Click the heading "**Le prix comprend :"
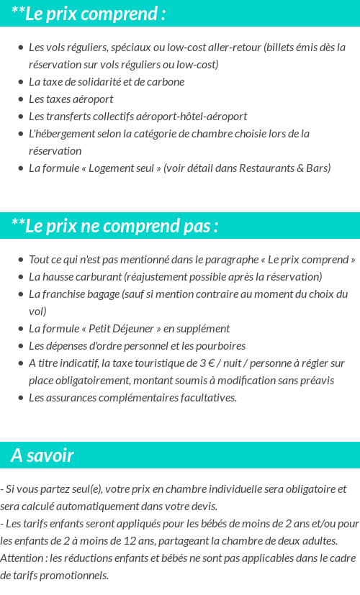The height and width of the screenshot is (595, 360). tap(89, 14)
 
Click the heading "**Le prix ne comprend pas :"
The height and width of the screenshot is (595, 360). tap(114, 226)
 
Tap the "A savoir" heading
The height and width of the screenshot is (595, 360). tap(42, 455)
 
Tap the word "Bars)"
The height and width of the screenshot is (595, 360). tap(318, 168)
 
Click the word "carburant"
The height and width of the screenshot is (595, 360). tap(99, 277)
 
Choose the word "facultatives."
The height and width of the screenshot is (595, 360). tap(203, 398)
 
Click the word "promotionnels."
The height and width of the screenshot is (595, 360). tap(75, 576)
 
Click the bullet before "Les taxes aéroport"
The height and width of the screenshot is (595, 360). tap(20, 99)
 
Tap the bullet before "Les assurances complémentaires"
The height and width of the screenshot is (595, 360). tap(20, 398)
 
